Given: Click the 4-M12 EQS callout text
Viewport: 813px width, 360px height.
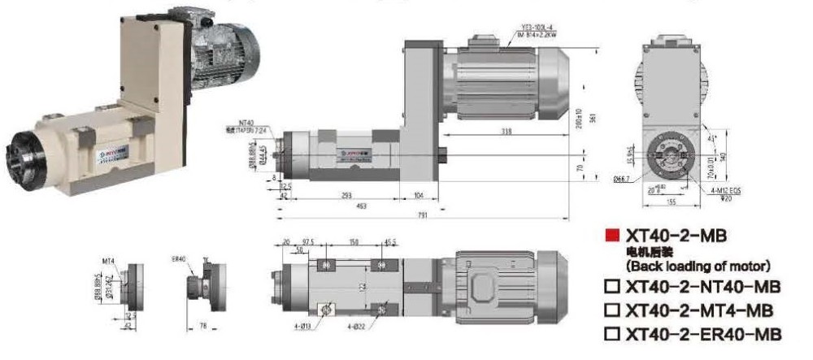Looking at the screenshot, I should (x=722, y=190).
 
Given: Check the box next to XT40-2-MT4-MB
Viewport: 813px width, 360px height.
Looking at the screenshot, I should (x=612, y=310).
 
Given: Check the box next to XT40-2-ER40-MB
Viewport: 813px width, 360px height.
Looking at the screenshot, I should (x=612, y=334).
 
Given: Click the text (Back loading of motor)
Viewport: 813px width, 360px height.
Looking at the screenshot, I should (x=698, y=266).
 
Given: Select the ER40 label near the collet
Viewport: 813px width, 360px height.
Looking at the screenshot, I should (x=180, y=259).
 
